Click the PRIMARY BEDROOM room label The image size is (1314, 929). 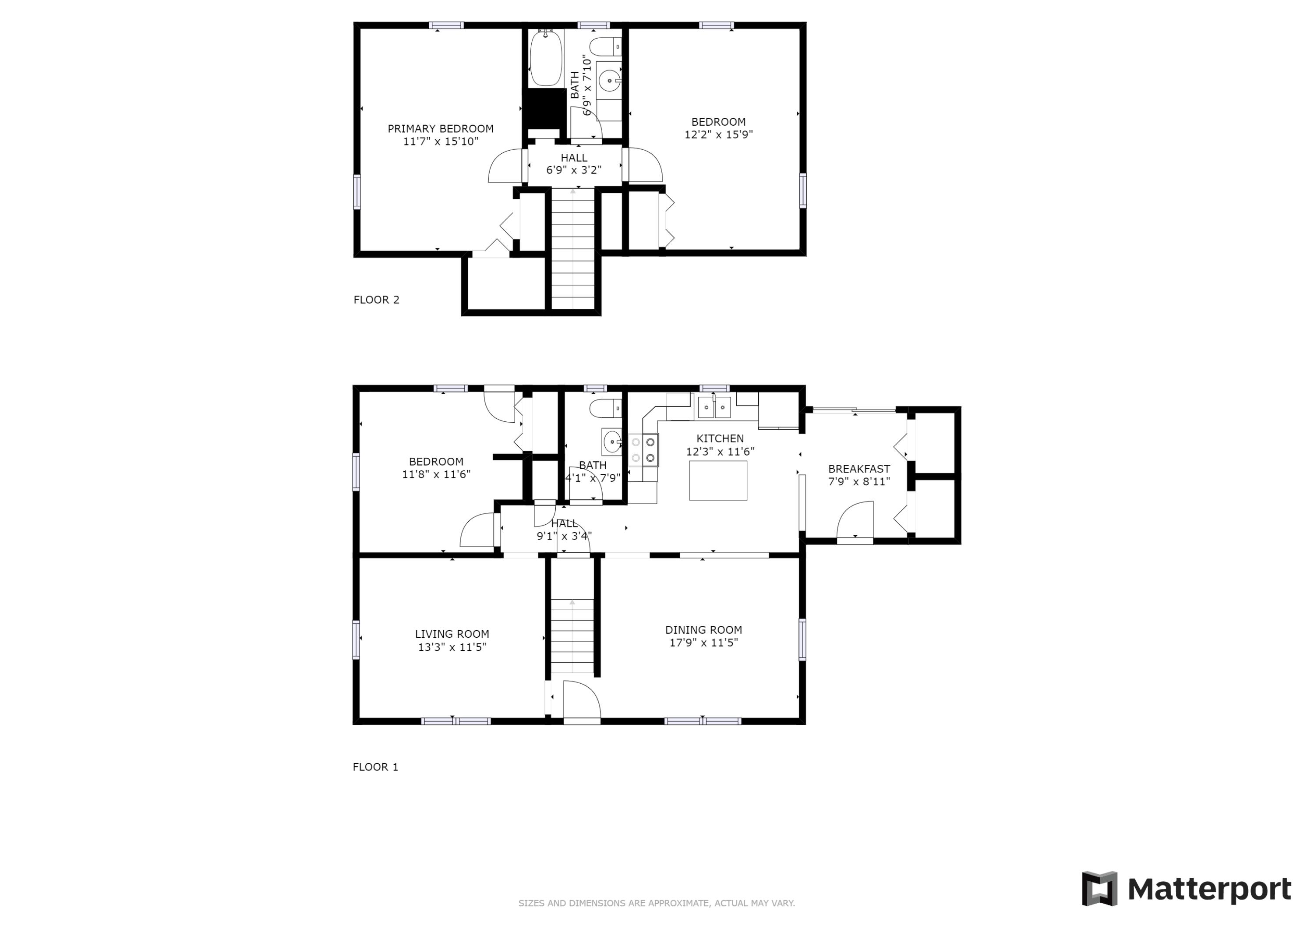pos(440,129)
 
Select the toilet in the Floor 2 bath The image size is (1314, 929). pos(605,46)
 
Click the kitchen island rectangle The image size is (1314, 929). pos(718,480)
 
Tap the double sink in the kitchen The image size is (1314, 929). pos(714,407)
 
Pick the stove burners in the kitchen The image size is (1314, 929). pos(643,450)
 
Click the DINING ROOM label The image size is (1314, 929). pos(703,630)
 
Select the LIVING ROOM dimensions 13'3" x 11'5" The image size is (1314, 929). pos(452,647)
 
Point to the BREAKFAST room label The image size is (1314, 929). pos(859,469)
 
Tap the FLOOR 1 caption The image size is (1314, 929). pos(375,767)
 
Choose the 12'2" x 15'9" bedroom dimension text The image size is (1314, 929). pos(718,134)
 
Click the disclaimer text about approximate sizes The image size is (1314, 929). pos(657,903)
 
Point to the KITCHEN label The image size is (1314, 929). pos(720,438)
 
